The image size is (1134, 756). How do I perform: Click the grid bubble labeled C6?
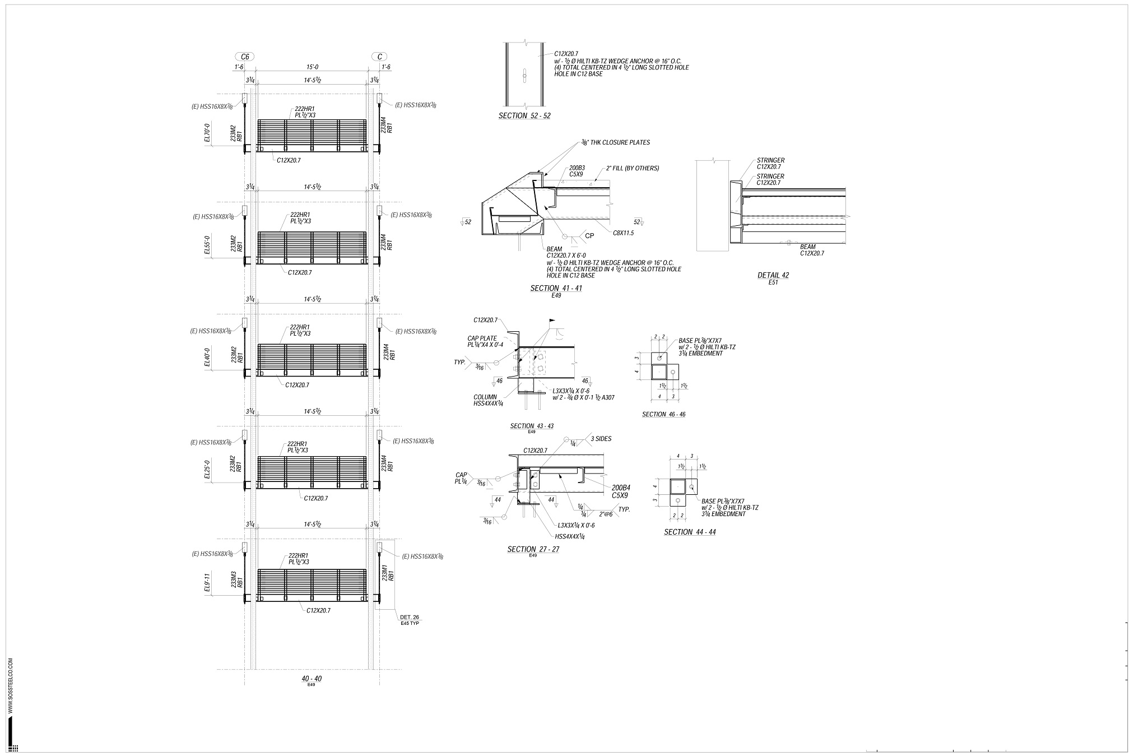click(x=244, y=57)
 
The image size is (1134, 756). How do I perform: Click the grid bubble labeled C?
click(x=379, y=57)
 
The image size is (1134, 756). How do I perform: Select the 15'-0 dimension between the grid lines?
click(x=312, y=67)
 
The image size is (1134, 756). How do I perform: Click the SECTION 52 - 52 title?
click(x=524, y=116)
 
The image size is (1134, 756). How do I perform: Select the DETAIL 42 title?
click(x=773, y=275)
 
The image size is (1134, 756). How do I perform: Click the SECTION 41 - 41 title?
click(x=556, y=288)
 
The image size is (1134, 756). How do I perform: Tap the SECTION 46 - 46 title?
click(x=663, y=415)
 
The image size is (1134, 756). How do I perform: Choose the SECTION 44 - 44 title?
click(x=690, y=532)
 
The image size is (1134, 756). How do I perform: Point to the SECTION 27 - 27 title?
click(x=533, y=549)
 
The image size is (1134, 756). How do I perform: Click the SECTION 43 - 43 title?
click(x=532, y=426)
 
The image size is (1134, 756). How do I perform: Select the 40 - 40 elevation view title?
click(x=312, y=679)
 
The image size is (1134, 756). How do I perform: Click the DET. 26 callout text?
click(x=410, y=617)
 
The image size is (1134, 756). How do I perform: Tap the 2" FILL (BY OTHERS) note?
click(x=632, y=168)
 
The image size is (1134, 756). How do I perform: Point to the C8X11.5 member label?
click(x=623, y=233)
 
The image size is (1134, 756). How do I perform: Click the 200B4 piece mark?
click(x=621, y=488)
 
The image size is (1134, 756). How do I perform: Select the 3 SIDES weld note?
click(x=601, y=439)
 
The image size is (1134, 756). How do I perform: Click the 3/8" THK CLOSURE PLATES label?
click(x=614, y=142)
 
